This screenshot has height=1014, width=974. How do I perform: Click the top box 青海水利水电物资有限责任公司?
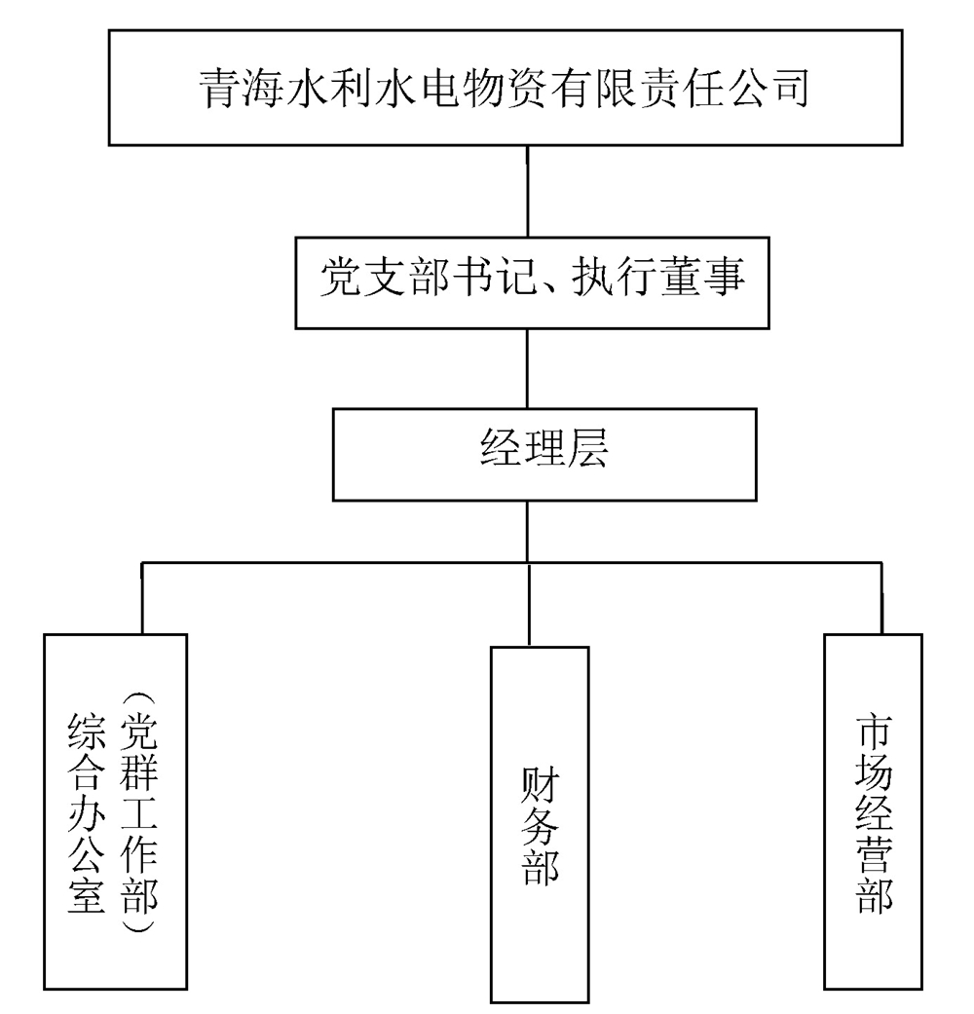(x=527, y=88)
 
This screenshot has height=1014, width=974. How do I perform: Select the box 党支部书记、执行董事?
(x=527, y=280)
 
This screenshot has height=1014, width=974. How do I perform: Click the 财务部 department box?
(x=540, y=823)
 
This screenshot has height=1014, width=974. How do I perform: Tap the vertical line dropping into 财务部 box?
(x=529, y=604)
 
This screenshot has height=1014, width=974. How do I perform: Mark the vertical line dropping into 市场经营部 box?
(x=881, y=598)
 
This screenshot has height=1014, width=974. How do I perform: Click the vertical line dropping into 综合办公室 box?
(x=142, y=598)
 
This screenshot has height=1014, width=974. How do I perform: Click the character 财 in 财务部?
(x=540, y=782)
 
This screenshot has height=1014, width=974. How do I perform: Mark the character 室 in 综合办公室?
(x=86, y=894)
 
